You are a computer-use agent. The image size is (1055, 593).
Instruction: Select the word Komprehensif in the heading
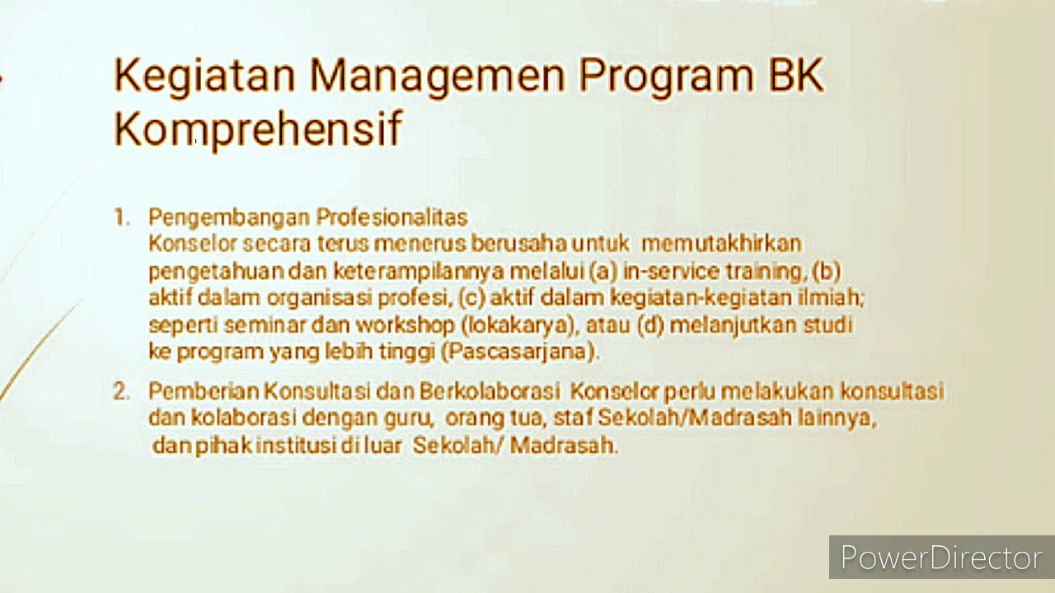(x=257, y=130)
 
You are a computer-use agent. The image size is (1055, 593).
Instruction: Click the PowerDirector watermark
(x=940, y=558)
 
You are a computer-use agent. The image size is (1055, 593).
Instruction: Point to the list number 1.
(x=122, y=217)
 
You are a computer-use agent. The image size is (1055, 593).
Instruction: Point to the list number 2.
(x=122, y=391)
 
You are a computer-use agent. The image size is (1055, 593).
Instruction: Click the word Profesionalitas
(x=392, y=217)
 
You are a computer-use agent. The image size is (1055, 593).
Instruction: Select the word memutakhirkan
(x=721, y=244)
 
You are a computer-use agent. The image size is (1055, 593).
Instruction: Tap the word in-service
(x=660, y=271)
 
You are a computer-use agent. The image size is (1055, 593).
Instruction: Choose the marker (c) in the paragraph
(x=474, y=297)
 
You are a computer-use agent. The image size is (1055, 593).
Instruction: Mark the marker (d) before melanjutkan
(x=651, y=325)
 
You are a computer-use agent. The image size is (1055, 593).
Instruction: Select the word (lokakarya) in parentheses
(x=523, y=325)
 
